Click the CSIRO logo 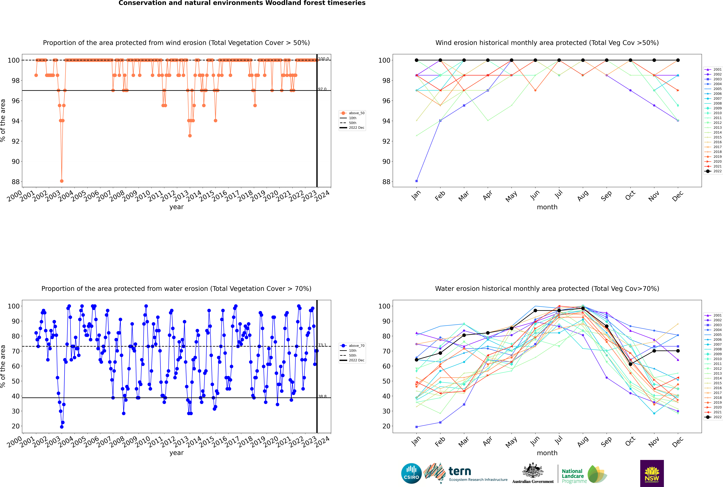tap(411, 473)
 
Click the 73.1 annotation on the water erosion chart tap(322, 345)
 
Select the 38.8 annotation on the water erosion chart tap(322, 396)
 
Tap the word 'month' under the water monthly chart tap(547, 453)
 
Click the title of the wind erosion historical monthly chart tap(547, 43)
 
